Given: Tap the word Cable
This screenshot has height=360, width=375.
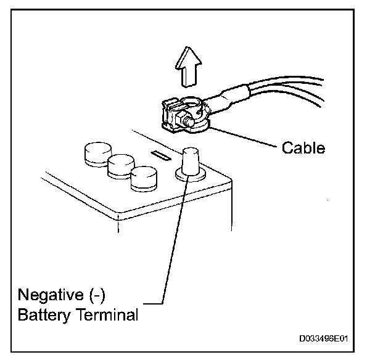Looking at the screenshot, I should (x=303, y=149).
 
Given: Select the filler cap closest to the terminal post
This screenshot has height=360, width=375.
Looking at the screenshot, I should (x=143, y=178).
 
